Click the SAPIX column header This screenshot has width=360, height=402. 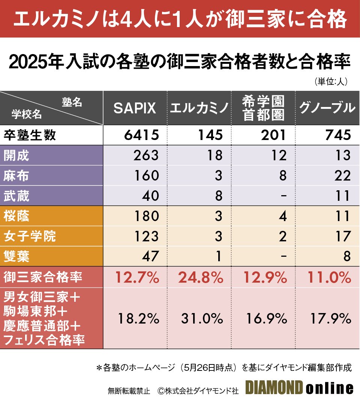tap(135, 108)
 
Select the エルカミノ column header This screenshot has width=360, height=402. tap(199, 108)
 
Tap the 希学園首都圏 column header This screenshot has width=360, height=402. tap(264, 108)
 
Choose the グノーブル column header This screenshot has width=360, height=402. tap(327, 108)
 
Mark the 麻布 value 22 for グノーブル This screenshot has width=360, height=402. tap(343, 175)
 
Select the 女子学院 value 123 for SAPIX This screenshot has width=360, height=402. tap(146, 236)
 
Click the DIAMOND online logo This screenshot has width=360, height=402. tap(299, 388)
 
